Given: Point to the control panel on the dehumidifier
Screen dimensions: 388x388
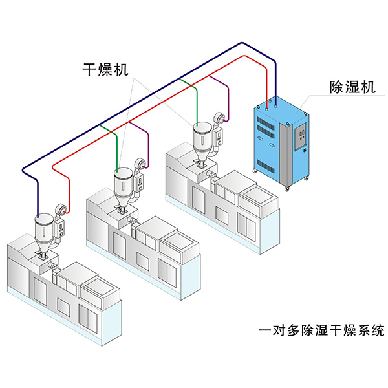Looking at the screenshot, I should click(x=301, y=139).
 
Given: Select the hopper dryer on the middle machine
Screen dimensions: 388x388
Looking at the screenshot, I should click(x=122, y=184).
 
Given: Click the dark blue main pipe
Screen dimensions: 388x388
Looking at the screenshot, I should click(x=129, y=103).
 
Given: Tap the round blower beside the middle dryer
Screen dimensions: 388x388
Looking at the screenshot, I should click(x=138, y=164).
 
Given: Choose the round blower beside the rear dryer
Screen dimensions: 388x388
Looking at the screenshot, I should click(x=219, y=117).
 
